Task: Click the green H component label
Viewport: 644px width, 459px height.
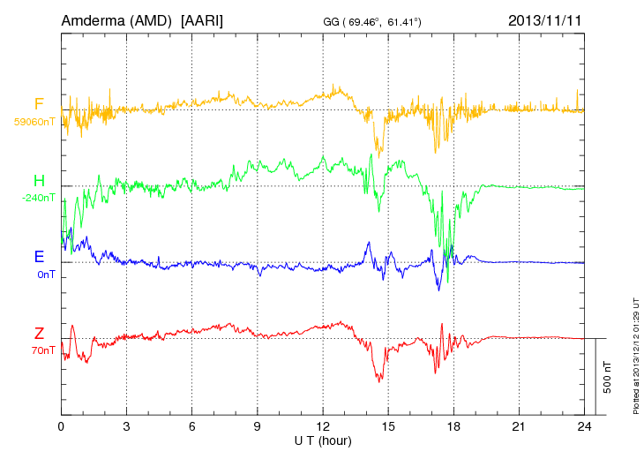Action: tap(39, 182)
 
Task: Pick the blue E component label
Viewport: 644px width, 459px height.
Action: tap(39, 258)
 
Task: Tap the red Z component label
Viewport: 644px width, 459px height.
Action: tap(39, 334)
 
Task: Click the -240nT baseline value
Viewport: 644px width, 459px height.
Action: tap(38, 199)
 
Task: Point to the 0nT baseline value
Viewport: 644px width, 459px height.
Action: tap(46, 275)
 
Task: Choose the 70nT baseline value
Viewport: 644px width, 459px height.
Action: tap(43, 350)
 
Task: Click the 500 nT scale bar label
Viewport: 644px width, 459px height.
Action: tap(608, 376)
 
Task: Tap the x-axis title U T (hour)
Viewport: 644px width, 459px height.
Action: tap(323, 440)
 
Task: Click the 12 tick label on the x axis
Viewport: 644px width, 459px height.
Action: tap(323, 426)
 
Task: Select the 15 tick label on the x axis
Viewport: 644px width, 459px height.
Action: tap(388, 426)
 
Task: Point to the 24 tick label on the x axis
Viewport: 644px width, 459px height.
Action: tap(584, 426)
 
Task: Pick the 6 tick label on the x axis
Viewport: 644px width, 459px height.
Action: tap(192, 426)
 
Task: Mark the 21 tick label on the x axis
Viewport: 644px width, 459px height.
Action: tap(519, 426)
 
